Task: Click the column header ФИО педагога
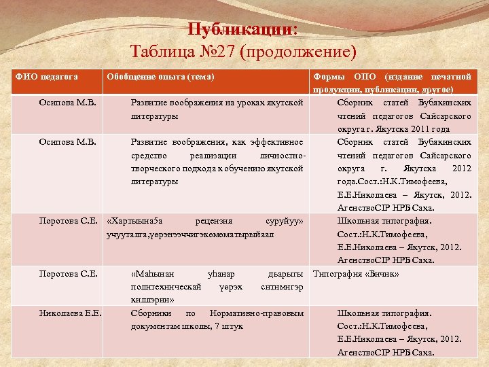pyautogui.click(x=47, y=76)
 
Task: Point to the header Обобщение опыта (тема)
pyautogui.click(x=160, y=76)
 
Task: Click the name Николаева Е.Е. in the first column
pyautogui.click(x=71, y=313)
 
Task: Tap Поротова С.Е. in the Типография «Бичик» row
pyautogui.click(x=69, y=274)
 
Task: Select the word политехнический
pyautogui.click(x=166, y=287)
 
